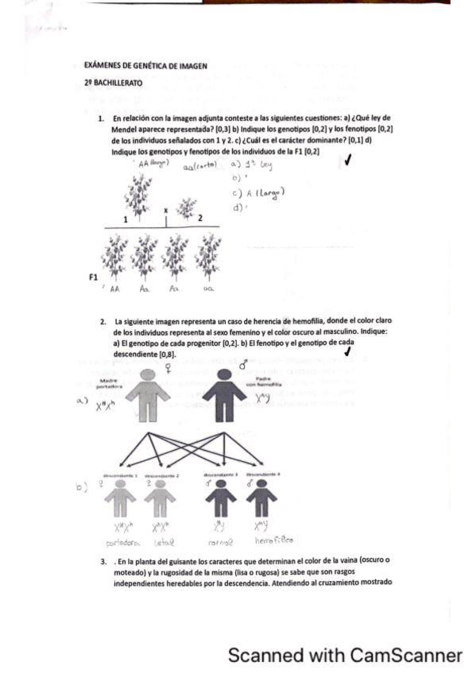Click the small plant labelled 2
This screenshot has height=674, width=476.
tap(187, 210)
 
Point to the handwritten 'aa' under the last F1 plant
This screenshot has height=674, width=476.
tap(208, 292)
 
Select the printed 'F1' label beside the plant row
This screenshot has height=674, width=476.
tap(94, 277)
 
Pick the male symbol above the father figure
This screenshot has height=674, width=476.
tap(242, 365)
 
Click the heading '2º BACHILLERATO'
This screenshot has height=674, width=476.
tap(114, 83)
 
